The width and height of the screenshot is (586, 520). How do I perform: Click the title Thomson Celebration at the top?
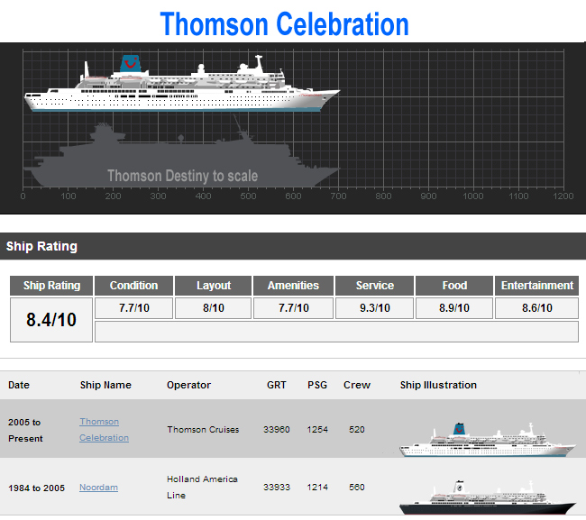(284, 23)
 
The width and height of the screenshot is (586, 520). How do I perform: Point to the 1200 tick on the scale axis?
(563, 196)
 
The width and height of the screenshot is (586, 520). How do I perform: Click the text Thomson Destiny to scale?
(182, 176)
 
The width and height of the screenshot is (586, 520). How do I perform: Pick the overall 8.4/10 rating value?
(51, 320)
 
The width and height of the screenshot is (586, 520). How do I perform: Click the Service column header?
(374, 286)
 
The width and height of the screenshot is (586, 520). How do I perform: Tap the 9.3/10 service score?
(374, 308)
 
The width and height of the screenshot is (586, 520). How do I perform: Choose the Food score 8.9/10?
(454, 308)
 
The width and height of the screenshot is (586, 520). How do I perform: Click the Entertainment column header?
(537, 286)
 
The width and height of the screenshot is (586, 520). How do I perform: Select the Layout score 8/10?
(214, 308)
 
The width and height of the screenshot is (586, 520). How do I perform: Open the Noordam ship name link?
(98, 488)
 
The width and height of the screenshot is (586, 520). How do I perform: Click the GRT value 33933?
(277, 488)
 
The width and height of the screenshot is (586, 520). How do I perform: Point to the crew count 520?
(357, 430)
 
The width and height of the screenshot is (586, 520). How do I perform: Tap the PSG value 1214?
(317, 488)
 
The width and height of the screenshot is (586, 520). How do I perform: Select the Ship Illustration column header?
(438, 385)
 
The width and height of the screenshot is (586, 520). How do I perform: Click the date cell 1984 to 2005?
(37, 488)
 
